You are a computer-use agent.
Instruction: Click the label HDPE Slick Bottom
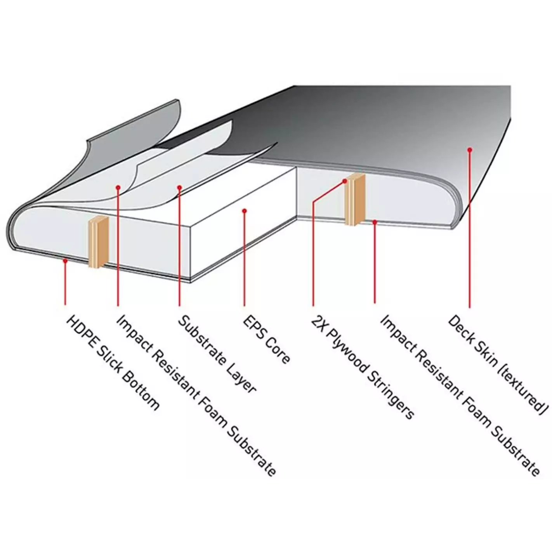(x=113, y=363)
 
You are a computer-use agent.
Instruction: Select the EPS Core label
(x=266, y=339)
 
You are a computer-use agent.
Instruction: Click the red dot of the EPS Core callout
(x=244, y=211)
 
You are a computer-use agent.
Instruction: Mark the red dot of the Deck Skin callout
(x=469, y=149)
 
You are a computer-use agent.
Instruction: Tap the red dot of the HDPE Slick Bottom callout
(x=65, y=261)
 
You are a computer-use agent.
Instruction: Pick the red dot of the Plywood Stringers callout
(x=345, y=181)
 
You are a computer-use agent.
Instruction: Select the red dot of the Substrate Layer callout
(x=179, y=187)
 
